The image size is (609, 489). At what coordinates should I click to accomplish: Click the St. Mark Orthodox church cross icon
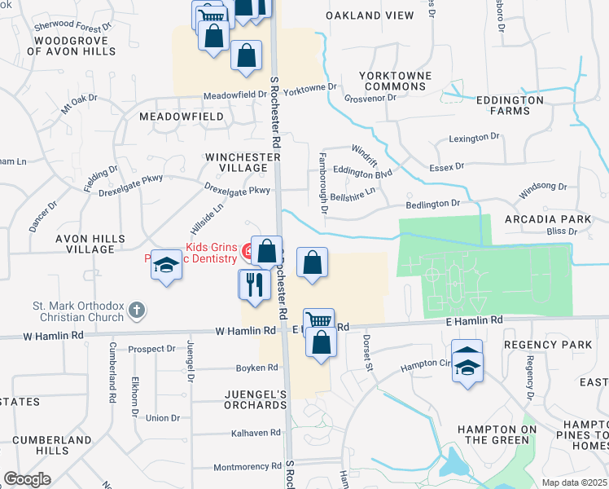coord(137,310)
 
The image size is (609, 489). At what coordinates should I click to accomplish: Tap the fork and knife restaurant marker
coord(253,284)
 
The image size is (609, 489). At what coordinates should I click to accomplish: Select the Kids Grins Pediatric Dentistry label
coord(194,253)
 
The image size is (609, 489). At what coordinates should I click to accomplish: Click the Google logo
coord(27,479)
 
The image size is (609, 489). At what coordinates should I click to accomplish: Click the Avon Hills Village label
coord(90,244)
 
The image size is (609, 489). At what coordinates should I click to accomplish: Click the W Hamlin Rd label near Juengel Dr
coord(245,331)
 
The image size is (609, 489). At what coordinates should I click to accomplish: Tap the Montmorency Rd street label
coord(247,467)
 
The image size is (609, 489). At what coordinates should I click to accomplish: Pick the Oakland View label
coord(364,15)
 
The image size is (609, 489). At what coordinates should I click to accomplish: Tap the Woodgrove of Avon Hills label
coord(71,45)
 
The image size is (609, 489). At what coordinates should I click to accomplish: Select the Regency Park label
coord(548,346)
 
